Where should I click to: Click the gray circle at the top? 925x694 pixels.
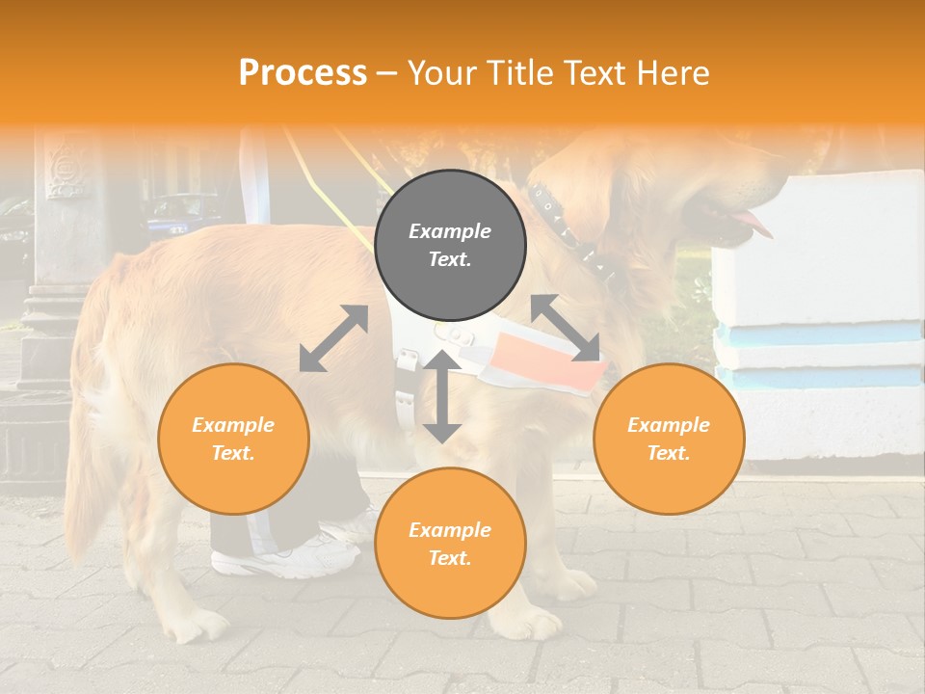450,245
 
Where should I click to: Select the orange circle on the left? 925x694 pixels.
233,439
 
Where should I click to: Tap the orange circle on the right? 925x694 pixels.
669,439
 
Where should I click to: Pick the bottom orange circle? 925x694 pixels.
450,543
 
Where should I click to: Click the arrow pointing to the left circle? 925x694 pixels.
333,338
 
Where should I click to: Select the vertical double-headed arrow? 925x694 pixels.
441,396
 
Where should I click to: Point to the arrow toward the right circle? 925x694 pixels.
566,328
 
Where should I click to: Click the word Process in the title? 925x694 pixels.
303,72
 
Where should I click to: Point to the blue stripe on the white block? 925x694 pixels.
819,334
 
